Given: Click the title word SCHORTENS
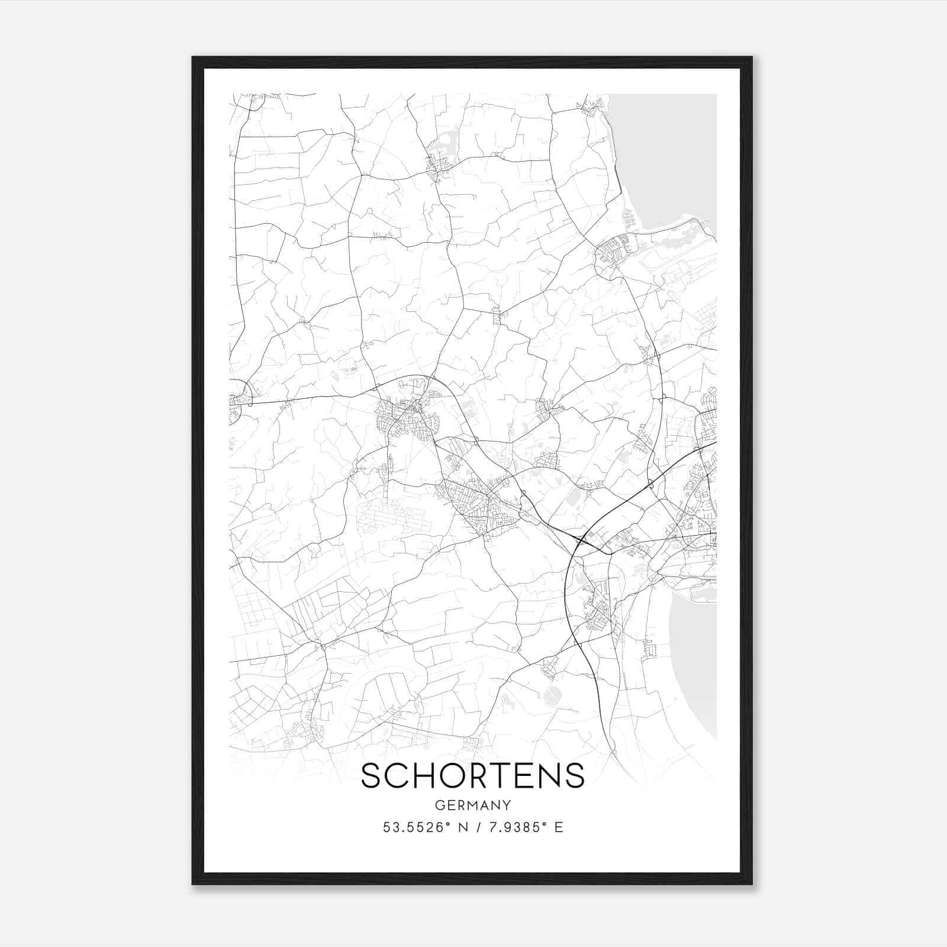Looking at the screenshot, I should tap(472, 775).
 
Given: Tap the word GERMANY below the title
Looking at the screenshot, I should tap(472, 805).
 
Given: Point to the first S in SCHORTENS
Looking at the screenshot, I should tap(371, 775).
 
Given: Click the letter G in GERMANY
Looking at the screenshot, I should tap(439, 805).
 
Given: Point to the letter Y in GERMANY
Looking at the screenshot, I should tap(507, 805).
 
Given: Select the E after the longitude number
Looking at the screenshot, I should tap(559, 827).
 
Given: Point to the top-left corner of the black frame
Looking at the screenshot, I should tap(194, 58).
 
